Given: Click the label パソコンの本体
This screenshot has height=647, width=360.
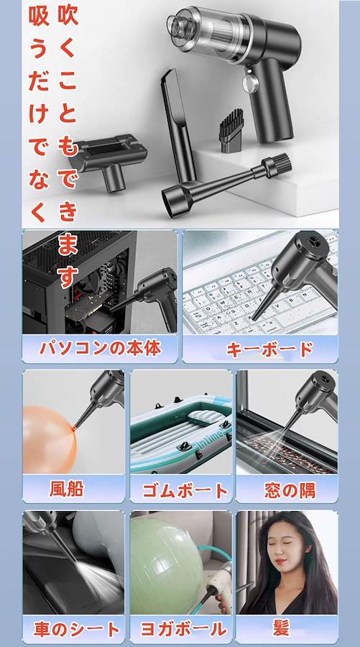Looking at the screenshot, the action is (x=100, y=349).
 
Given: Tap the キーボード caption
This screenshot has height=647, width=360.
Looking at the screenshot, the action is (x=269, y=349).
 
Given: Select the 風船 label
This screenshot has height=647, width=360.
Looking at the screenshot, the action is (x=67, y=489).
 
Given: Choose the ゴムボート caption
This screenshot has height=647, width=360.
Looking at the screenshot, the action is (x=185, y=490).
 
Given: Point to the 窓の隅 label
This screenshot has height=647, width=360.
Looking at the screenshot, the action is (x=290, y=490).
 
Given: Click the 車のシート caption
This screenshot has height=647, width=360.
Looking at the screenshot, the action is (x=77, y=629).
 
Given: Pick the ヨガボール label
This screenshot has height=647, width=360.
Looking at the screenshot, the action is (x=183, y=629).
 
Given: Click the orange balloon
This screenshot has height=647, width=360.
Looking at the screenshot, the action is (x=49, y=439).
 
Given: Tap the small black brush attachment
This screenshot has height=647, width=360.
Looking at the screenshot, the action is (x=231, y=131).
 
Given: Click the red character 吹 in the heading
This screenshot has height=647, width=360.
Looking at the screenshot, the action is (x=68, y=15).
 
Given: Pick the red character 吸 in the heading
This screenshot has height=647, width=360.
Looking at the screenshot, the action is (x=39, y=17).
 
